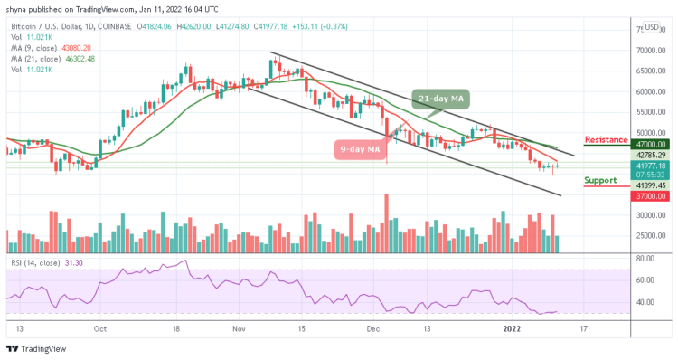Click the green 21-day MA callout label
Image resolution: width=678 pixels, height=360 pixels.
pyautogui.click(x=439, y=98)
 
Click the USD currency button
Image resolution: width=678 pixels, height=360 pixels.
pyautogui.click(x=651, y=27)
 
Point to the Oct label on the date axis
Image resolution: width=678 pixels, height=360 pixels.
pyautogui.click(x=100, y=328)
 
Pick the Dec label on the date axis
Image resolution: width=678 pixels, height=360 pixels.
pyautogui.click(x=374, y=328)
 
